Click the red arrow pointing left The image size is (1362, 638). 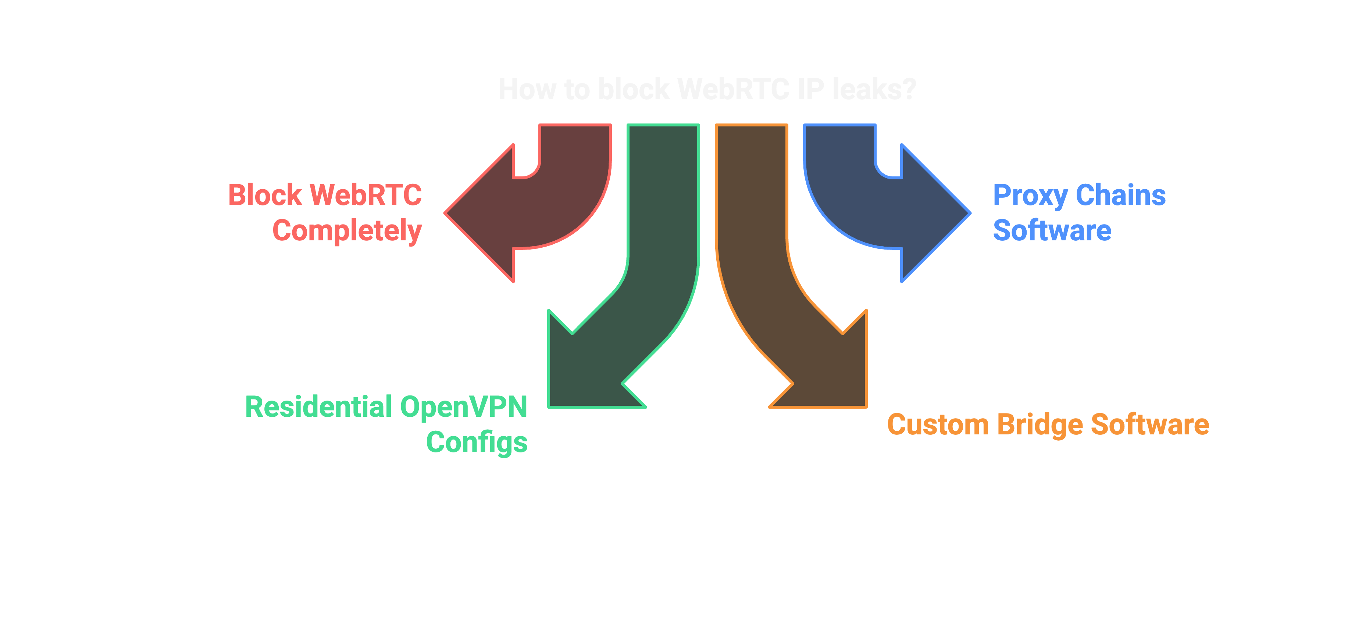tap(529, 211)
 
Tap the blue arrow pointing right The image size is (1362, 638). tap(888, 211)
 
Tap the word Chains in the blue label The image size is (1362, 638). tap(1120, 195)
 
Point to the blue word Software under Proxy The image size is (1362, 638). tap(1052, 230)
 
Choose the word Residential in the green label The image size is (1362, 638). tap(318, 407)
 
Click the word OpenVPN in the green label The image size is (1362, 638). tap(463, 407)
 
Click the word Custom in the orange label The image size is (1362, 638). tap(937, 425)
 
